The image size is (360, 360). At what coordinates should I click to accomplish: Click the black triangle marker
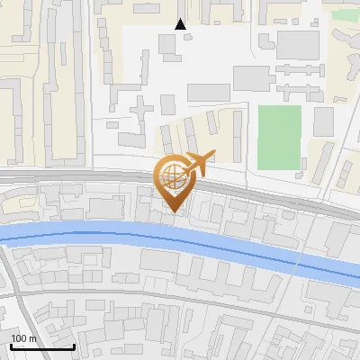pyautogui.click(x=181, y=24)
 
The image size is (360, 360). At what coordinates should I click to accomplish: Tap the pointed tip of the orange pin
pyautogui.click(x=171, y=212)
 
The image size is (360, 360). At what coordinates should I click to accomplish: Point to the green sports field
pyautogui.click(x=279, y=137)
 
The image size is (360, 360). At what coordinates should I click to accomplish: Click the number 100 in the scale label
pyautogui.click(x=19, y=338)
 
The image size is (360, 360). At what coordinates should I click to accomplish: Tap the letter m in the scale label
pyautogui.click(x=32, y=338)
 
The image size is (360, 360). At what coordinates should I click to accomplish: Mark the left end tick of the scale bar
pyautogui.click(x=10, y=346)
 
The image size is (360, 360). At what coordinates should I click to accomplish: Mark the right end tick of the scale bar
pyautogui.click(x=74, y=346)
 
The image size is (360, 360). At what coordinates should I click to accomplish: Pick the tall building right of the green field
pyautogui.click(x=323, y=121)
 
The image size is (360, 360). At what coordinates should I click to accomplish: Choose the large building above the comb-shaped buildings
pyautogui.click(x=298, y=44)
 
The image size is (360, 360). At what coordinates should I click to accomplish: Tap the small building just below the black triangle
pyautogui.click(x=168, y=42)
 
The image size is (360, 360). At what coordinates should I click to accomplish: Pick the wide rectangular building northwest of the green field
pyautogui.click(x=209, y=92)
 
